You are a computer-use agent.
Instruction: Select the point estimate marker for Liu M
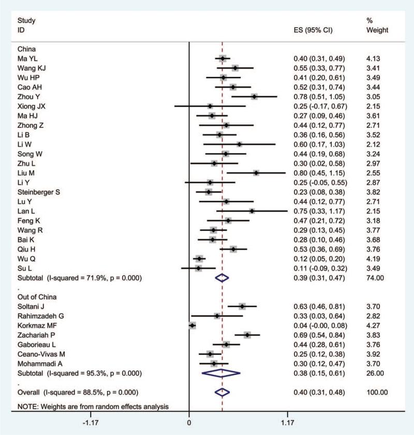[256, 172]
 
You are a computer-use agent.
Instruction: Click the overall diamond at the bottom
[222, 392]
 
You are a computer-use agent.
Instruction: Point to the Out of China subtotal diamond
[221, 373]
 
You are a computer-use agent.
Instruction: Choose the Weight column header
[376, 30]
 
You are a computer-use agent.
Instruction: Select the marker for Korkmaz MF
[193, 325]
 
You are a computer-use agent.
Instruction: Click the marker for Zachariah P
[247, 335]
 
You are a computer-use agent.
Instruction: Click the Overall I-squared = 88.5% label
[78, 392]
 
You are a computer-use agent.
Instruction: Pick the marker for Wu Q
[199, 258]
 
